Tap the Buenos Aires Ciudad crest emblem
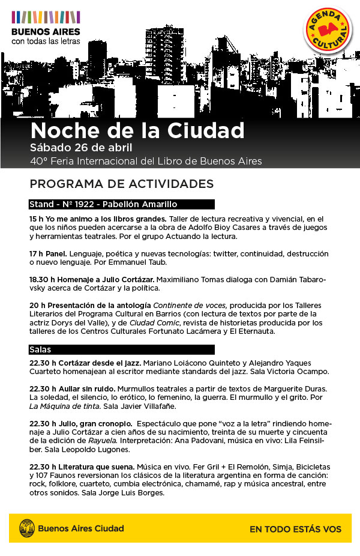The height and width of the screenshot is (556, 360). [26, 528]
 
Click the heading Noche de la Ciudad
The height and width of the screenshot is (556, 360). [137, 130]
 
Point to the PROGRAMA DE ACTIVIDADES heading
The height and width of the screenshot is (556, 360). [121, 183]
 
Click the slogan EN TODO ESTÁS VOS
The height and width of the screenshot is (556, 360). [295, 529]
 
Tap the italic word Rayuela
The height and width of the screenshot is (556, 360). [100, 441]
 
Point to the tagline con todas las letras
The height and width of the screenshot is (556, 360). [46, 41]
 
